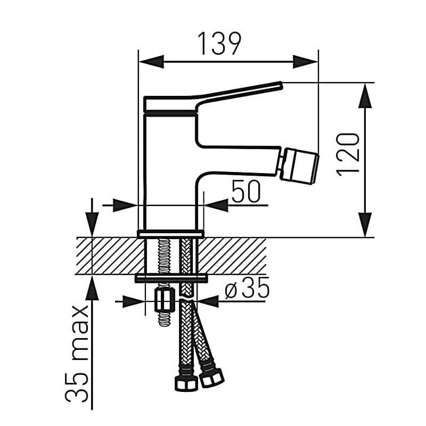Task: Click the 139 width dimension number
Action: [219, 44]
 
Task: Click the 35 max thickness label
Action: [77, 354]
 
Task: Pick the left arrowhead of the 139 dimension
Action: [152, 62]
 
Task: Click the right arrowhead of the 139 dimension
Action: [305, 62]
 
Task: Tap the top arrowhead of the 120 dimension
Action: [365, 96]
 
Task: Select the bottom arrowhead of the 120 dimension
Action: [365, 225]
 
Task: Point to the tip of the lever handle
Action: [281, 85]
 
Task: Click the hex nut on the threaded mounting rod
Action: [165, 300]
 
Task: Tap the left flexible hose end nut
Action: [186, 383]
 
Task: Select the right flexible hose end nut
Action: [211, 377]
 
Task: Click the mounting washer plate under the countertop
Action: [171, 278]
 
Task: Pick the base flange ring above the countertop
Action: [170, 234]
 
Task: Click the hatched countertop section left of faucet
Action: [110, 256]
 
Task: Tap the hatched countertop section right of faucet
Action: [232, 256]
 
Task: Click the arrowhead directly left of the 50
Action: [216, 206]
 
